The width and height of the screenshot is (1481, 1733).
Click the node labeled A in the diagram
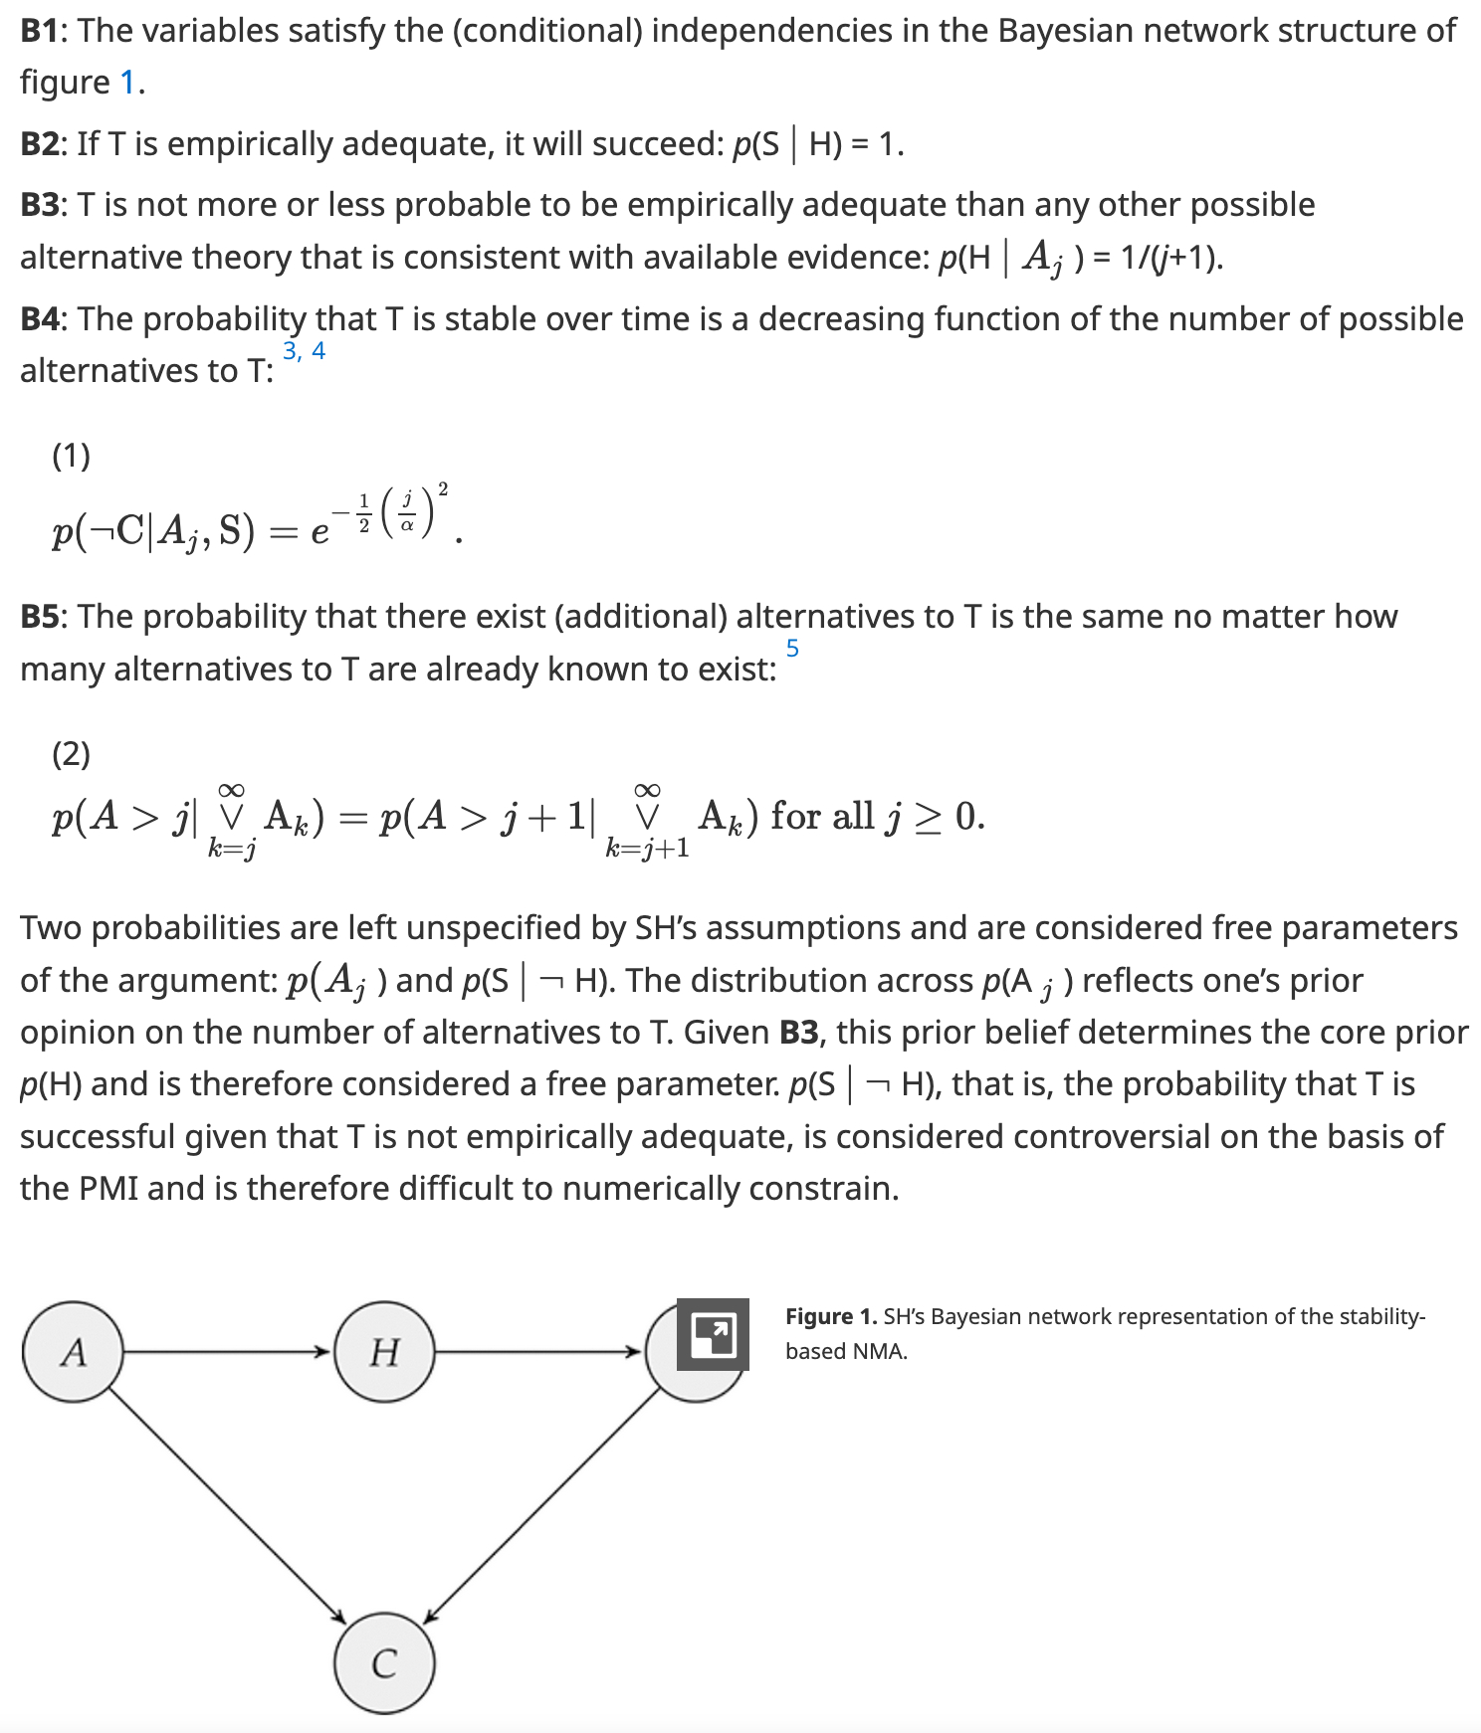click(73, 1351)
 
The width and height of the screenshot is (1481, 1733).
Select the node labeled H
click(384, 1351)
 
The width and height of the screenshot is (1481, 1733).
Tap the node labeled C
click(384, 1663)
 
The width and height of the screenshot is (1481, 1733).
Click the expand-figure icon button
click(713, 1334)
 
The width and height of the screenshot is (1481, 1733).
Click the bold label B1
click(40, 32)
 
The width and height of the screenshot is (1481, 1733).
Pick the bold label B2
click(41, 145)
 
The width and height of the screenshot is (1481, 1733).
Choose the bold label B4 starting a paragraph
click(41, 319)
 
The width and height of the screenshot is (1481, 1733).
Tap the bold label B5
click(41, 617)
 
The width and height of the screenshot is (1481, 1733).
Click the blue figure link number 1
click(127, 83)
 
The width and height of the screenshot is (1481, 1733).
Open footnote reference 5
click(792, 649)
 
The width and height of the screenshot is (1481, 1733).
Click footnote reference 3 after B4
click(291, 351)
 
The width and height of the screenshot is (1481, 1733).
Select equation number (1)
click(72, 456)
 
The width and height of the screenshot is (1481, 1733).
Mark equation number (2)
click(72, 754)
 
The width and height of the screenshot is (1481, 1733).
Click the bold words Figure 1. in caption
click(831, 1317)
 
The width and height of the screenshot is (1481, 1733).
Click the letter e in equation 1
click(319, 534)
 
